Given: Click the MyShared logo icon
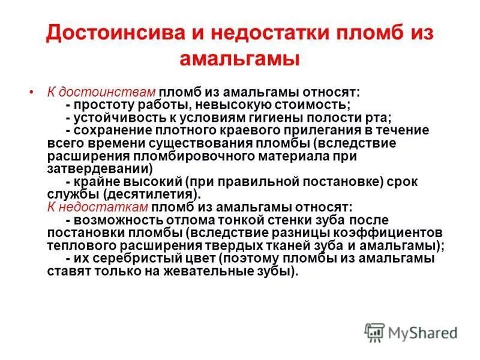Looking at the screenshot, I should (x=374, y=331).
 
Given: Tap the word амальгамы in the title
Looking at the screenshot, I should (x=240, y=59).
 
